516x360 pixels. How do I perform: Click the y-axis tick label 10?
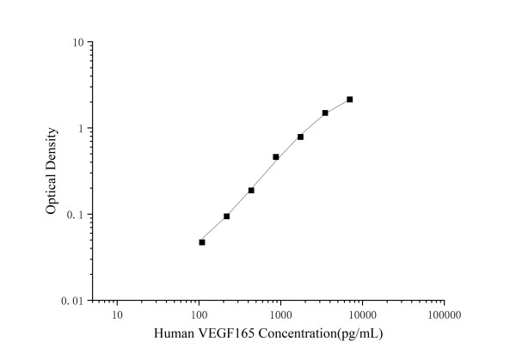pyautogui.click(x=77, y=42)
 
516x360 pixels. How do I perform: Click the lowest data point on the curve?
pyautogui.click(x=202, y=242)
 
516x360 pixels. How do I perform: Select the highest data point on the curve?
pyautogui.click(x=350, y=100)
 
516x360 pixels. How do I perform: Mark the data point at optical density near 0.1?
pyautogui.click(x=226, y=217)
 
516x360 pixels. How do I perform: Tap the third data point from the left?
pyautogui.click(x=251, y=191)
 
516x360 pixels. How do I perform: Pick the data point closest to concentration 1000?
pyautogui.click(x=276, y=157)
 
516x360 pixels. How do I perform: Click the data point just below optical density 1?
pyautogui.click(x=300, y=137)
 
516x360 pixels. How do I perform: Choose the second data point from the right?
pyautogui.click(x=325, y=113)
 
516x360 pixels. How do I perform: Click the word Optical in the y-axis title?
pyautogui.click(x=52, y=192)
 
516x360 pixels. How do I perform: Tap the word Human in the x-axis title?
pyautogui.click(x=173, y=333)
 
